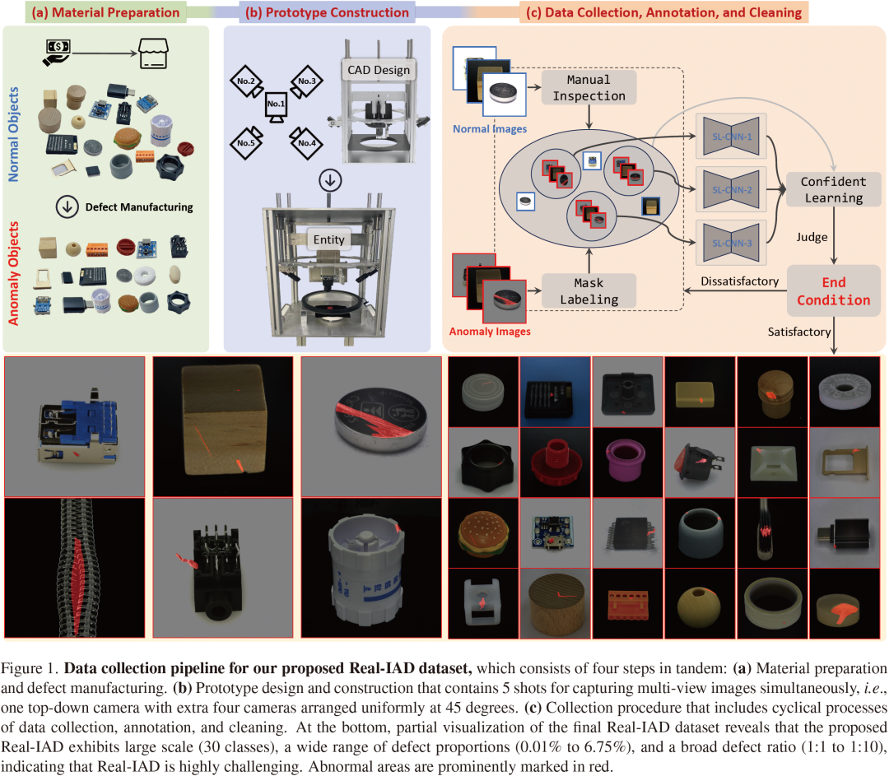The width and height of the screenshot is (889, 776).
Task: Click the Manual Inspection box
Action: [589, 87]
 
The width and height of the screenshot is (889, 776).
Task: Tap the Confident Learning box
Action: [833, 189]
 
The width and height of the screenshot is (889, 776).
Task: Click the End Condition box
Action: [833, 290]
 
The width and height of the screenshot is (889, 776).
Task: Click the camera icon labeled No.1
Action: [275, 106]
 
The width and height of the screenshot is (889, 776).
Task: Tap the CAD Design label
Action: [379, 70]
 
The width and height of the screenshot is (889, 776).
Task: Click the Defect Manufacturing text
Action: [138, 207]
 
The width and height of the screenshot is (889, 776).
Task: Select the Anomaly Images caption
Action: [489, 332]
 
